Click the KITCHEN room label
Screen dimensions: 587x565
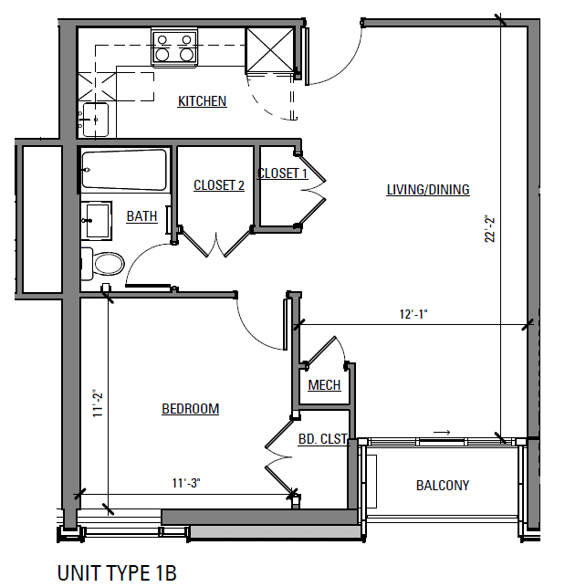[x=202, y=101]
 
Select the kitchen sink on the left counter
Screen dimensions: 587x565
[x=94, y=118]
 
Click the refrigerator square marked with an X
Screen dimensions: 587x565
[x=270, y=48]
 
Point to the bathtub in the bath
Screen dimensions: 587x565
[x=124, y=170]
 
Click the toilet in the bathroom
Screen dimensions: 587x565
[x=103, y=265]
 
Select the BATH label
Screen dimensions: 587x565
[x=141, y=216]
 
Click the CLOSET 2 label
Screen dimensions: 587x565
[x=219, y=185]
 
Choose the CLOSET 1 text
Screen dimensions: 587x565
[x=283, y=173]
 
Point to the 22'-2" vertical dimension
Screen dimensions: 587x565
[x=489, y=228]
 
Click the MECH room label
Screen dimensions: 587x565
[x=324, y=385]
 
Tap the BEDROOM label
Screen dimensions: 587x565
[x=190, y=409]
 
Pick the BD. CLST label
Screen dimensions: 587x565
[x=323, y=439]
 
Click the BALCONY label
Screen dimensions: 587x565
[x=443, y=486]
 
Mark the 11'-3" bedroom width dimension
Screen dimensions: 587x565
[x=186, y=483]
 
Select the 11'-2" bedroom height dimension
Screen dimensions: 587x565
[x=97, y=403]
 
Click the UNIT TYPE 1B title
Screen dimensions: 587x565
[x=116, y=572]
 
